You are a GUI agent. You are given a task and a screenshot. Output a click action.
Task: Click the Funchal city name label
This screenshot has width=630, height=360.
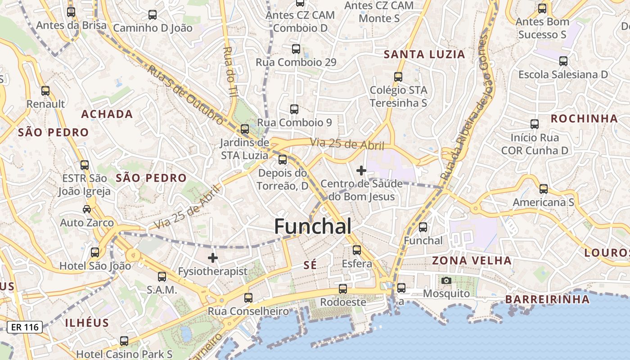tap(313, 226)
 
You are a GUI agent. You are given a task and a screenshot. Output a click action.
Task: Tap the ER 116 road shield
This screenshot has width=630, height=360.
tap(25, 327)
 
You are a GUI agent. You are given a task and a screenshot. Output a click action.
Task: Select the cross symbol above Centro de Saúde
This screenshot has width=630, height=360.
tap(361, 171)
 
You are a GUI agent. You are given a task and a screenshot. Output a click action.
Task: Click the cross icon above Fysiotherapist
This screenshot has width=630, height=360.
tap(213, 258)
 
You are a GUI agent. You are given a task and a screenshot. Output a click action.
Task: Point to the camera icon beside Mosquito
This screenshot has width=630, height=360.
tap(446, 280)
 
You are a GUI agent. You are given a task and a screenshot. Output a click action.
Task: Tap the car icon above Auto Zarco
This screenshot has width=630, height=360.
tap(87, 209)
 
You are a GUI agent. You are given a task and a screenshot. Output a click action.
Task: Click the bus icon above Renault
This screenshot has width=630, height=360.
tap(45, 91)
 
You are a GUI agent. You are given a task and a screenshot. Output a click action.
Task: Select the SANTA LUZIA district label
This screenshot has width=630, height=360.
tap(424, 54)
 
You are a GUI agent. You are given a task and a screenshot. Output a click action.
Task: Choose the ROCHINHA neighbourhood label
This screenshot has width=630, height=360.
tap(584, 119)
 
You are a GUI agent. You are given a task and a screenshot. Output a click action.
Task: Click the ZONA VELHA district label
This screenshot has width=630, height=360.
tap(472, 261)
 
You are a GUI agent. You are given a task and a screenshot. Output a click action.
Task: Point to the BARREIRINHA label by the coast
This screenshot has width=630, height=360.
tap(547, 299)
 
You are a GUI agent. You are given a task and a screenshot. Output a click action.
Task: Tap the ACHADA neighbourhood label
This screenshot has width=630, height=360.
tap(107, 114)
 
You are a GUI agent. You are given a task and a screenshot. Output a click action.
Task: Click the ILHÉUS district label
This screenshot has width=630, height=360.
tap(87, 323)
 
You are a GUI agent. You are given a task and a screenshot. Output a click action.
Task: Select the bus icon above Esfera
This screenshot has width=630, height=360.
tap(357, 250)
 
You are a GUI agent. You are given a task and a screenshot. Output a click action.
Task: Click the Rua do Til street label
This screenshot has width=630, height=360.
tap(230, 72)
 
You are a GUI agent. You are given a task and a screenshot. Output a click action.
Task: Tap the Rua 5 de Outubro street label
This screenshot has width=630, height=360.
tap(184, 95)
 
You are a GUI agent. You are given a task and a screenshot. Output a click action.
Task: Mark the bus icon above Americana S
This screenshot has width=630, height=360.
tap(544, 189)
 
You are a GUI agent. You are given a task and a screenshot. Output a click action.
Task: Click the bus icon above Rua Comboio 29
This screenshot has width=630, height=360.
tap(296, 49)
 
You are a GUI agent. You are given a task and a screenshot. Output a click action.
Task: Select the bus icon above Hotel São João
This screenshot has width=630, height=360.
tap(95, 252)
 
